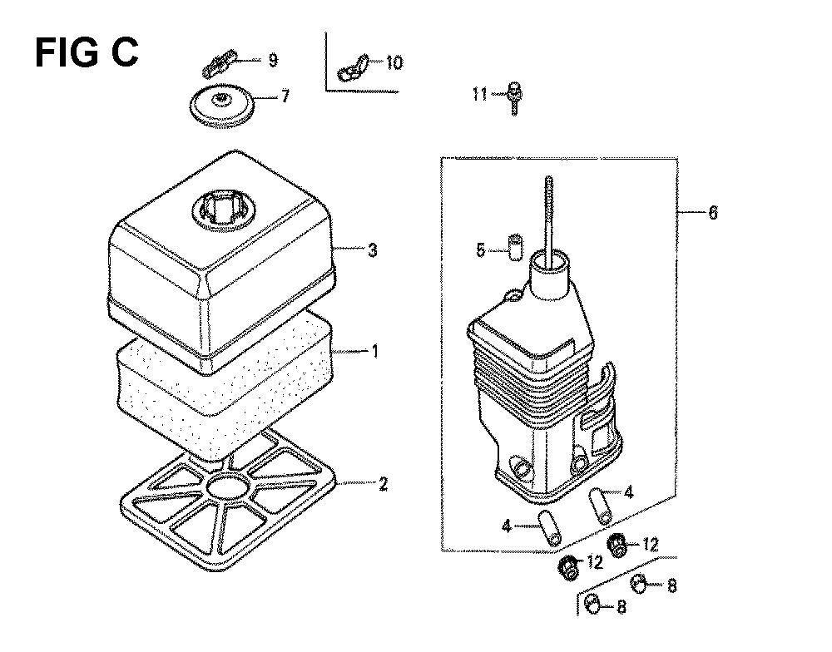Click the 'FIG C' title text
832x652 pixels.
(x=87, y=52)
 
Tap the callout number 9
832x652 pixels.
(x=273, y=60)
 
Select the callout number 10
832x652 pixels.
(x=394, y=62)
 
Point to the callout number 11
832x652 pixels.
(x=480, y=95)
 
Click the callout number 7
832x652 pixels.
(x=285, y=96)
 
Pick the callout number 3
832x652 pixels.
(x=373, y=249)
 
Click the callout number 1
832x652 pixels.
(x=374, y=351)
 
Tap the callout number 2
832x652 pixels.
(x=383, y=484)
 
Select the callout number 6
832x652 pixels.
(x=713, y=212)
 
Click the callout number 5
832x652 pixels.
(x=481, y=249)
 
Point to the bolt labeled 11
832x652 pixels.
(x=514, y=98)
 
